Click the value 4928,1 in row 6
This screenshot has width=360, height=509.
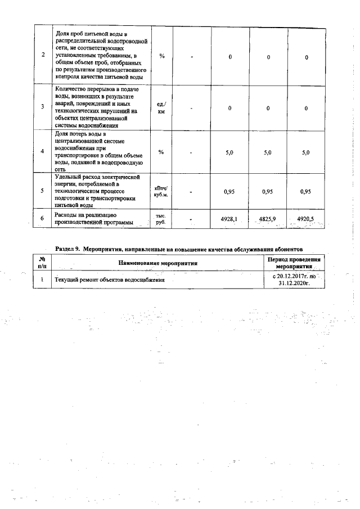(x=229, y=219)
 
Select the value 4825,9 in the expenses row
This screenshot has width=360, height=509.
(x=268, y=219)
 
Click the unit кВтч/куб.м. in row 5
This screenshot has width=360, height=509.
(x=161, y=191)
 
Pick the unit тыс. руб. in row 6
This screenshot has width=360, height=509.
(x=161, y=219)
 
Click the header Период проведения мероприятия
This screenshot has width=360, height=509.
(x=295, y=263)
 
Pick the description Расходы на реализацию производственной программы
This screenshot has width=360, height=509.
(x=93, y=219)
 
